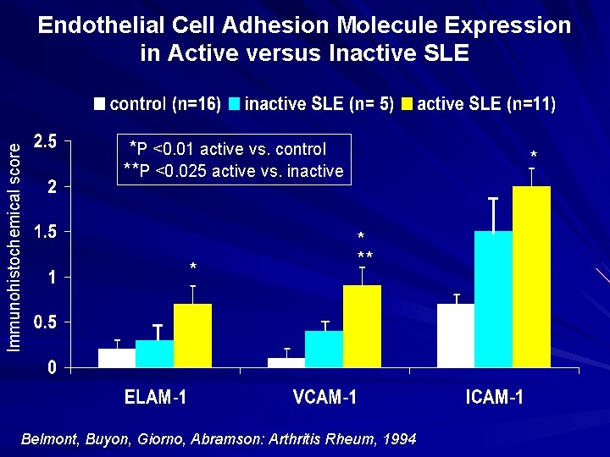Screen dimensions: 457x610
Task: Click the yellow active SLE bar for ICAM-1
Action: (x=531, y=277)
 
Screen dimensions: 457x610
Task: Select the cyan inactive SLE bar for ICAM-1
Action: (x=493, y=299)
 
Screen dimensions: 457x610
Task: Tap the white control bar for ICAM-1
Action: (x=456, y=335)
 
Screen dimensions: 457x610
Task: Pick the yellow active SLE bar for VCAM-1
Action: (x=362, y=326)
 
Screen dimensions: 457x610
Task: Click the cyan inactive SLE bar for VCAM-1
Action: (x=324, y=349)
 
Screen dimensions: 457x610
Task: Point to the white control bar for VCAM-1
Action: (x=286, y=362)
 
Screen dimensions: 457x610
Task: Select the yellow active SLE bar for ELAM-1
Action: (x=192, y=335)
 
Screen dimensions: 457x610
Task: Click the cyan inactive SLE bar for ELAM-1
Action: (x=154, y=354)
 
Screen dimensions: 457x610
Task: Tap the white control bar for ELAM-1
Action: (x=117, y=358)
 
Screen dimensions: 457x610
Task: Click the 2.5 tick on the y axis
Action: (x=44, y=142)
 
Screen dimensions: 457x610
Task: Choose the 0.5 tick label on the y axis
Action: (x=44, y=323)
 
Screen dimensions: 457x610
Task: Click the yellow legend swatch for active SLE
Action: (x=407, y=105)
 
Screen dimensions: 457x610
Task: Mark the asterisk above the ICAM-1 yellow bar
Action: (x=533, y=156)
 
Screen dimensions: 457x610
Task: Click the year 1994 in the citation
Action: (x=400, y=439)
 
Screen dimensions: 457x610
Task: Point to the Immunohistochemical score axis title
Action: (x=14, y=245)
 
